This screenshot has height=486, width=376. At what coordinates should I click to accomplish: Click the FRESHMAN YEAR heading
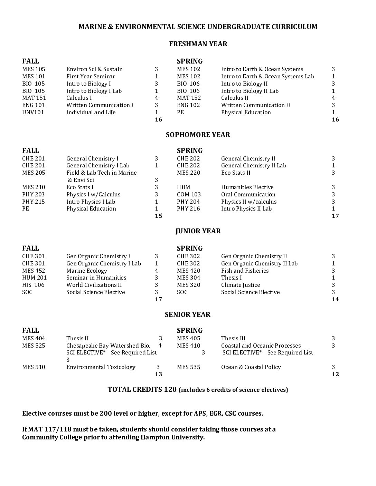198,44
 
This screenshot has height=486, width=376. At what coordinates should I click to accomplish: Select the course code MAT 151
34,98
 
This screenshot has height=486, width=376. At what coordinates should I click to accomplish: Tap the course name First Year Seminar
91,77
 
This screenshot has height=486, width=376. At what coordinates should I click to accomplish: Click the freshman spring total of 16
335,120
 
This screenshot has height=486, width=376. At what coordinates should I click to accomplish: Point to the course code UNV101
33,113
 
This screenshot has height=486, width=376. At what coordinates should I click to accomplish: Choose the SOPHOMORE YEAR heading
198,135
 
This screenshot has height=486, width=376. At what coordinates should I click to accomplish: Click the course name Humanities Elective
247,187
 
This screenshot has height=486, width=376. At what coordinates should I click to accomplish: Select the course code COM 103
189,195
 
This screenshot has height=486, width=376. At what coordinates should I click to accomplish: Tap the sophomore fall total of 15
158,216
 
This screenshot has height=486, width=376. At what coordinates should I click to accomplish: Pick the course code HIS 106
33,285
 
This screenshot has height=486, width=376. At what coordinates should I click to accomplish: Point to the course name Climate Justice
241,285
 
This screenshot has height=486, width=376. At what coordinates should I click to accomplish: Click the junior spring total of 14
335,300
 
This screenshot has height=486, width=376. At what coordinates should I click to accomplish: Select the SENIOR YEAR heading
187,315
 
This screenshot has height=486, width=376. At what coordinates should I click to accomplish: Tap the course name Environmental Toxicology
101,367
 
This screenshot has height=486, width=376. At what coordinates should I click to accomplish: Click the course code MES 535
188,367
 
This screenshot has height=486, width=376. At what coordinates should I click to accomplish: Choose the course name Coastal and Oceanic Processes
261,346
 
